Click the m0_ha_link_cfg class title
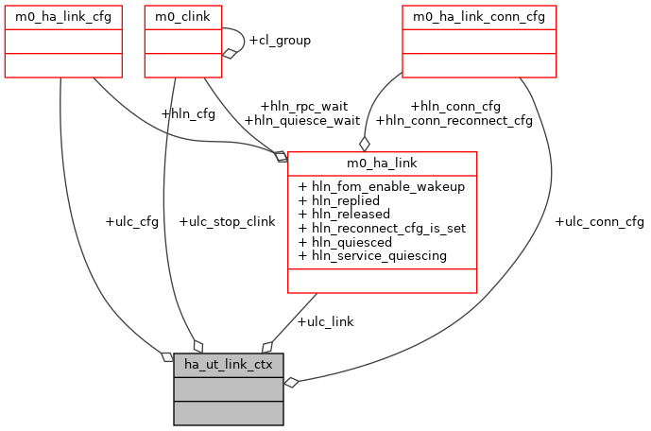pyautogui.click(x=62, y=17)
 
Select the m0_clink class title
pyautogui.click(x=183, y=17)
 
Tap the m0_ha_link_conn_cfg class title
pyautogui.click(x=479, y=17)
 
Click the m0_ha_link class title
pyautogui.click(x=382, y=164)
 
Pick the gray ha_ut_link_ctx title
pyautogui.click(x=228, y=365)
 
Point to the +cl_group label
pyautogui.click(x=279, y=41)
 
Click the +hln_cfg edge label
pyautogui.click(x=188, y=114)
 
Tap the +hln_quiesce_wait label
pyautogui.click(x=301, y=120)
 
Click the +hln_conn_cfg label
pyautogui.click(x=455, y=106)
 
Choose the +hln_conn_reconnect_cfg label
pyautogui.click(x=454, y=120)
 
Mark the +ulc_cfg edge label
pyautogui.click(x=132, y=221)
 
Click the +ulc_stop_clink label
pyautogui.click(x=227, y=221)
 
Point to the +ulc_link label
pyautogui.click(x=325, y=321)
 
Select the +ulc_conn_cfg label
pyautogui.click(x=599, y=221)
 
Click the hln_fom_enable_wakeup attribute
pyautogui.click(x=382, y=186)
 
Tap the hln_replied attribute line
pyautogui.click(x=338, y=200)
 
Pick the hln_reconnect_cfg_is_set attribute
pyautogui.click(x=382, y=228)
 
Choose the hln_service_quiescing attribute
pyautogui.click(x=372, y=255)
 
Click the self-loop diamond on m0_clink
pyautogui.click(x=228, y=53)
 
